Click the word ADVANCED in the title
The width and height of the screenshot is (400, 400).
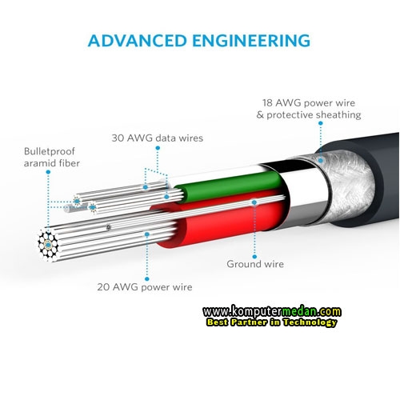click(137, 41)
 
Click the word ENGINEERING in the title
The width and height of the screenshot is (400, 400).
click(251, 41)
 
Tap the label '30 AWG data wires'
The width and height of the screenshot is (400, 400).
click(158, 138)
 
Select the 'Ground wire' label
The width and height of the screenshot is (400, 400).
click(255, 264)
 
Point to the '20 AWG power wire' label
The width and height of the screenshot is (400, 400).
click(145, 287)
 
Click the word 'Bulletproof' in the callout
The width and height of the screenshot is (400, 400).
click(50, 151)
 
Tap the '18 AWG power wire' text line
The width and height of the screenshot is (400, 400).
click(309, 103)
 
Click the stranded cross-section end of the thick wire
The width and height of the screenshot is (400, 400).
click(48, 245)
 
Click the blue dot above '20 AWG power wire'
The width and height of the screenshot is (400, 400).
click(147, 279)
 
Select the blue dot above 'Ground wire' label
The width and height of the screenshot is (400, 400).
click(254, 257)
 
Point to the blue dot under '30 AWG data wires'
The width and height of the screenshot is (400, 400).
click(158, 148)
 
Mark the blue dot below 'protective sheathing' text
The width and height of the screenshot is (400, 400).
click(321, 123)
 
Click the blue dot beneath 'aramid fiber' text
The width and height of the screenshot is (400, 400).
click(48, 172)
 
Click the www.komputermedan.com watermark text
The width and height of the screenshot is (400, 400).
click(272, 311)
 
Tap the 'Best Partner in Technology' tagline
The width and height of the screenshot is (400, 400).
click(271, 322)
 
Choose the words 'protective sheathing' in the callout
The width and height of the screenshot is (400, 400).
click(314, 115)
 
